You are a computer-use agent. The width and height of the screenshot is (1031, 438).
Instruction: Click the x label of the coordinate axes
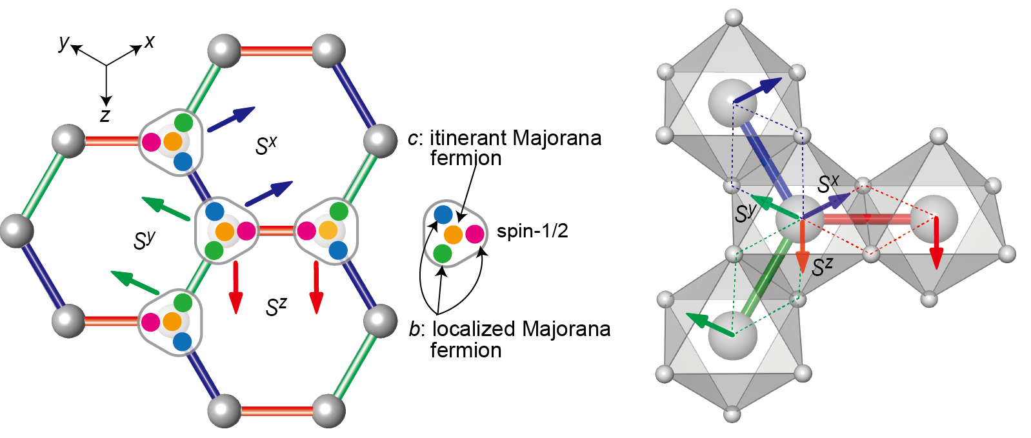click(150, 42)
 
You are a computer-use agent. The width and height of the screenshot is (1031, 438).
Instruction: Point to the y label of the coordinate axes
click(63, 43)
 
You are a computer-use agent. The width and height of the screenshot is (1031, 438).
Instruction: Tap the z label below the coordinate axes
click(105, 116)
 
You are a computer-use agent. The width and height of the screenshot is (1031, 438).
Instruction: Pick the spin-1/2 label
click(532, 231)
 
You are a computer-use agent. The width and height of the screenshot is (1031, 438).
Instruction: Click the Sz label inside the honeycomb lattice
click(275, 307)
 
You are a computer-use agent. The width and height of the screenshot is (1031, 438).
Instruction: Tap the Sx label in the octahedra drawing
click(828, 184)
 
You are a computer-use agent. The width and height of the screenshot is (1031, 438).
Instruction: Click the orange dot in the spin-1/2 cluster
click(453, 234)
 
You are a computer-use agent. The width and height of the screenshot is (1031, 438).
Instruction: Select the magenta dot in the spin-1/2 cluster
click(475, 234)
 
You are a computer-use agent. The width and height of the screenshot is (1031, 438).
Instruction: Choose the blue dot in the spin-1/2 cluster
click(443, 214)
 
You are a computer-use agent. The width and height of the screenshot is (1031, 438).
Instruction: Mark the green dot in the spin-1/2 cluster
click(442, 254)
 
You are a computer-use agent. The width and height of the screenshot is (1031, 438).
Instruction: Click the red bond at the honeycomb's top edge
click(276, 50)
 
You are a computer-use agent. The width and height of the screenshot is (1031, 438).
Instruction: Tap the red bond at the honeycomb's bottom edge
click(276, 410)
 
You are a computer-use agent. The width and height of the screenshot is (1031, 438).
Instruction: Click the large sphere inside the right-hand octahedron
click(934, 218)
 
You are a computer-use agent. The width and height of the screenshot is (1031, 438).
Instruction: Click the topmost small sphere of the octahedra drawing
click(734, 17)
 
